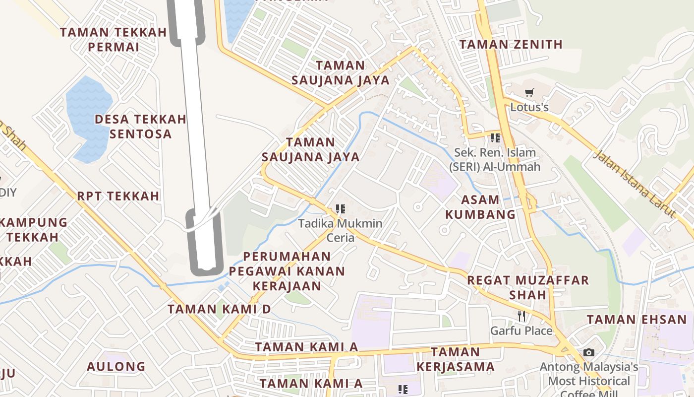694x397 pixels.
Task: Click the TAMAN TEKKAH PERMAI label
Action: click(x=114, y=40)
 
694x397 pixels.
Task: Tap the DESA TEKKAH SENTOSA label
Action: click(x=140, y=127)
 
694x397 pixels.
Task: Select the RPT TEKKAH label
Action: click(x=118, y=196)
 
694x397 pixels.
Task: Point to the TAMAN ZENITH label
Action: click(x=511, y=44)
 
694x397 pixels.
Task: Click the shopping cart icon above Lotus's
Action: click(x=529, y=92)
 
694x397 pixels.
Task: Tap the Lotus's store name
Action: click(x=529, y=107)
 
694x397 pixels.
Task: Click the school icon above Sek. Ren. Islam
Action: click(x=495, y=137)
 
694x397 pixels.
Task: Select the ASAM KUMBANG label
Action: click(x=480, y=207)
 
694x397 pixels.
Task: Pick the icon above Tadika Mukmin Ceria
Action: click(x=340, y=209)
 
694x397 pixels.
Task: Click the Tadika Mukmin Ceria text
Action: click(x=340, y=230)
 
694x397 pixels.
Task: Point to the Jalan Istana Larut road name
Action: click(x=635, y=184)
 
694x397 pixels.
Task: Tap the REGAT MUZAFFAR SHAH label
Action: click(x=528, y=287)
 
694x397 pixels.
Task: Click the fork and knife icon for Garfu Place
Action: click(x=521, y=316)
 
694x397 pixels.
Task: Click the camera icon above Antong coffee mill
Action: click(x=588, y=352)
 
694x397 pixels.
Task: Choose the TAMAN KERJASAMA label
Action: click(x=455, y=359)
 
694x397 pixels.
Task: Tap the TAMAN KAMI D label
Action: click(x=219, y=309)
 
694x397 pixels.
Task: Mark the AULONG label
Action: click(x=116, y=367)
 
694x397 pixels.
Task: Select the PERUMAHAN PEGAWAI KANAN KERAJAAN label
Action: click(x=287, y=271)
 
